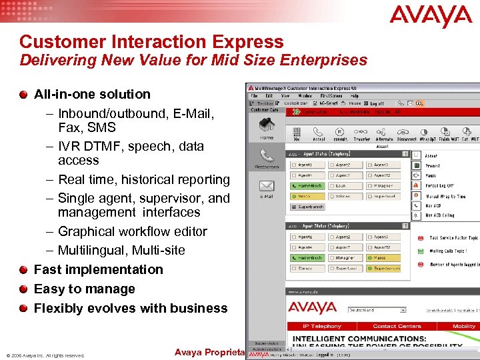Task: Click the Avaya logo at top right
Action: (431, 17)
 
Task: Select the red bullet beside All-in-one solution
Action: (25, 94)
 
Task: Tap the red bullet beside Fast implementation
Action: (25, 269)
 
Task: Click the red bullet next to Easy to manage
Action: (25, 289)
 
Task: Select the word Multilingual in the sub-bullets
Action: (90, 251)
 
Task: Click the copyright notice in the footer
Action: (45, 355)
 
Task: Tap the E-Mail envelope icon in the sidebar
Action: (266, 187)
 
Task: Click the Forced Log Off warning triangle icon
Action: (416, 186)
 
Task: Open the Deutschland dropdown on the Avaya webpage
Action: (377, 310)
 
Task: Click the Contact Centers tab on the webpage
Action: (397, 327)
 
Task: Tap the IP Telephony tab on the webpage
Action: (323, 327)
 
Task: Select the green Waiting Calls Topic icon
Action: (421, 251)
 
